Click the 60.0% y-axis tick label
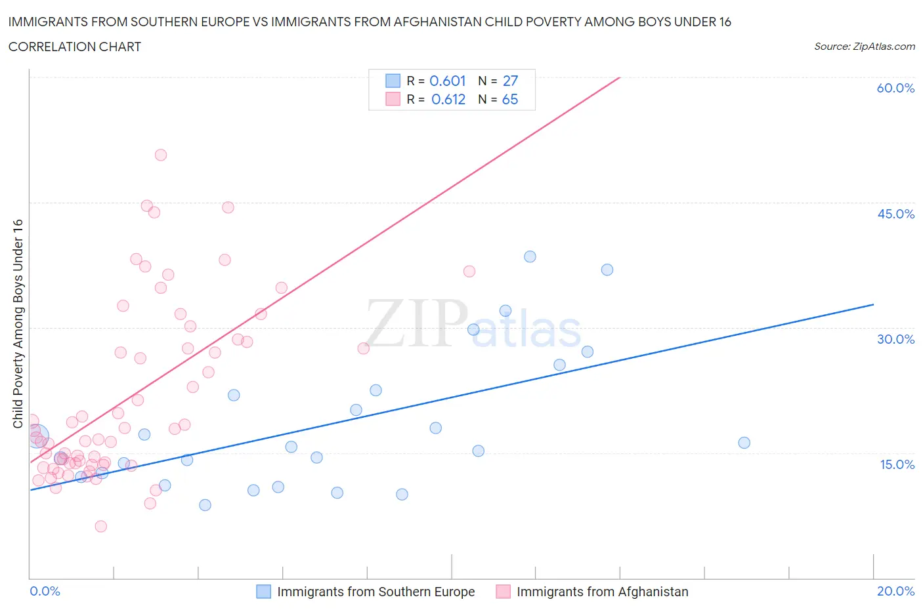(895, 88)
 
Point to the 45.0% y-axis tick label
(895, 214)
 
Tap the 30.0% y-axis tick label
(895, 339)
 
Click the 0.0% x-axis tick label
(45, 591)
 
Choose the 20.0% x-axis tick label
(895, 591)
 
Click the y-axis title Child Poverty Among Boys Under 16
(18, 323)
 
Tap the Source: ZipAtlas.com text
(864, 46)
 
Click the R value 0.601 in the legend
(447, 81)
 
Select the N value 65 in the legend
(510, 99)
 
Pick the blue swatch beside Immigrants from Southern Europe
(263, 592)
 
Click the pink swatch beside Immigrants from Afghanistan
(503, 592)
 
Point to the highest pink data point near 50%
(161, 155)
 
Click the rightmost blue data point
(744, 443)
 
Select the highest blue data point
(530, 256)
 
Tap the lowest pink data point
(101, 526)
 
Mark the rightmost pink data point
(469, 272)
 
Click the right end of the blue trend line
(873, 304)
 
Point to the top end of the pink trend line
(619, 78)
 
